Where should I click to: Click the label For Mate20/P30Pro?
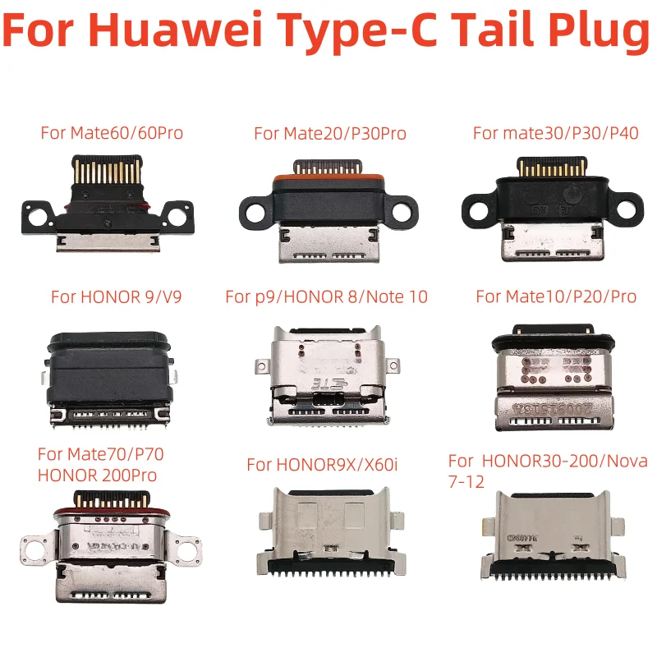pos(330,133)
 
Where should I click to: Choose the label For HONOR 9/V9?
pos(116,296)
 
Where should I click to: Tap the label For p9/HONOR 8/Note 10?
pos(326,296)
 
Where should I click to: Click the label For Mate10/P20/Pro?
pos(556,296)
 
